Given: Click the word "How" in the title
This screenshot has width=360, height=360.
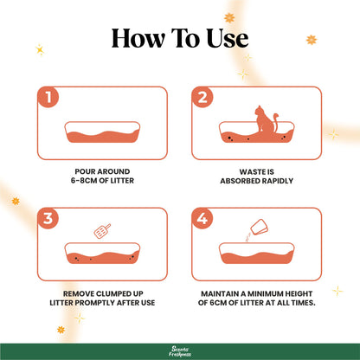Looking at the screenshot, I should [138, 38].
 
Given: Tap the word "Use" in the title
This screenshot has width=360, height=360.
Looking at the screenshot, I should [223, 38].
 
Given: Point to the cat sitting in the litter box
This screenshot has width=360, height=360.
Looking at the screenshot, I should [263, 123].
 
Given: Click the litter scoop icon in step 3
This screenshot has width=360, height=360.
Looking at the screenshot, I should [102, 231].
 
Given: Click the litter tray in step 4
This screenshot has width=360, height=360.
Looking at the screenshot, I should [258, 254].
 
